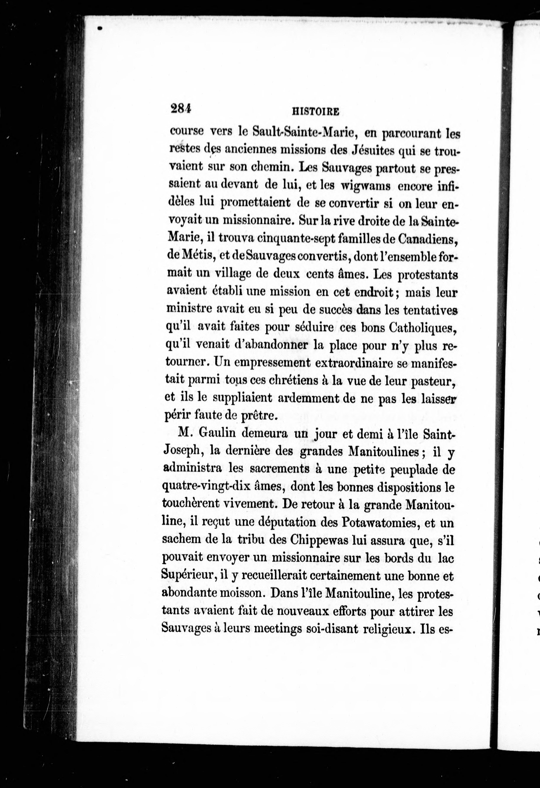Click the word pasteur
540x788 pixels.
click(432, 381)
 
